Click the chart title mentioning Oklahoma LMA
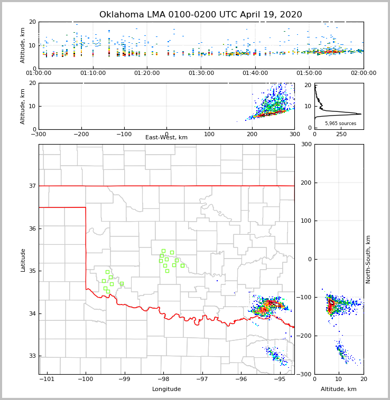tap(201, 15)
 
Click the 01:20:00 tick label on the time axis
tap(147, 73)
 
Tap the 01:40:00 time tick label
tap(255, 73)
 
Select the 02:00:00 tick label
tap(364, 73)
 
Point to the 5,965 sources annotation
tap(340, 123)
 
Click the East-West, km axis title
tap(166, 138)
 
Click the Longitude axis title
tap(166, 389)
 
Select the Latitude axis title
tap(23, 260)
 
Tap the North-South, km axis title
tap(368, 259)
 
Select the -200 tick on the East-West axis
tap(81, 135)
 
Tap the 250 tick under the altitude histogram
tap(341, 135)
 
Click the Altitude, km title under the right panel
tap(339, 389)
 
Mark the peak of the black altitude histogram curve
tap(361, 113)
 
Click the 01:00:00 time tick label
tap(39, 73)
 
